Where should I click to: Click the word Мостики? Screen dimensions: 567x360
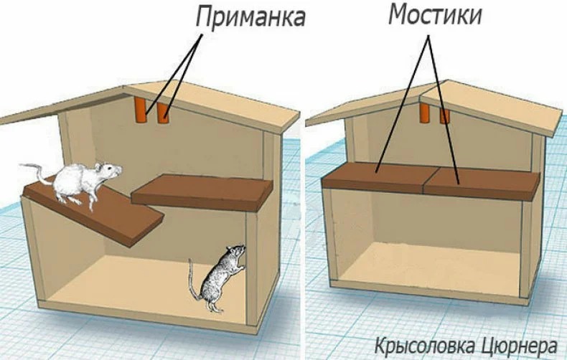click(x=436, y=15)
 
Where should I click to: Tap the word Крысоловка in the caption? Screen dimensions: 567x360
click(x=423, y=346)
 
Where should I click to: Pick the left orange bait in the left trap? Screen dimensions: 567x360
click(x=140, y=110)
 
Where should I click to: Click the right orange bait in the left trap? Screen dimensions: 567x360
click(x=164, y=113)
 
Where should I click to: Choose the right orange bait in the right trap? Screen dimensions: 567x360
click(x=444, y=115)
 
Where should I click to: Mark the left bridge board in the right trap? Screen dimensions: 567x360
click(x=374, y=178)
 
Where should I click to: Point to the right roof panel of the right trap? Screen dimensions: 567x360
click(x=492, y=107)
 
